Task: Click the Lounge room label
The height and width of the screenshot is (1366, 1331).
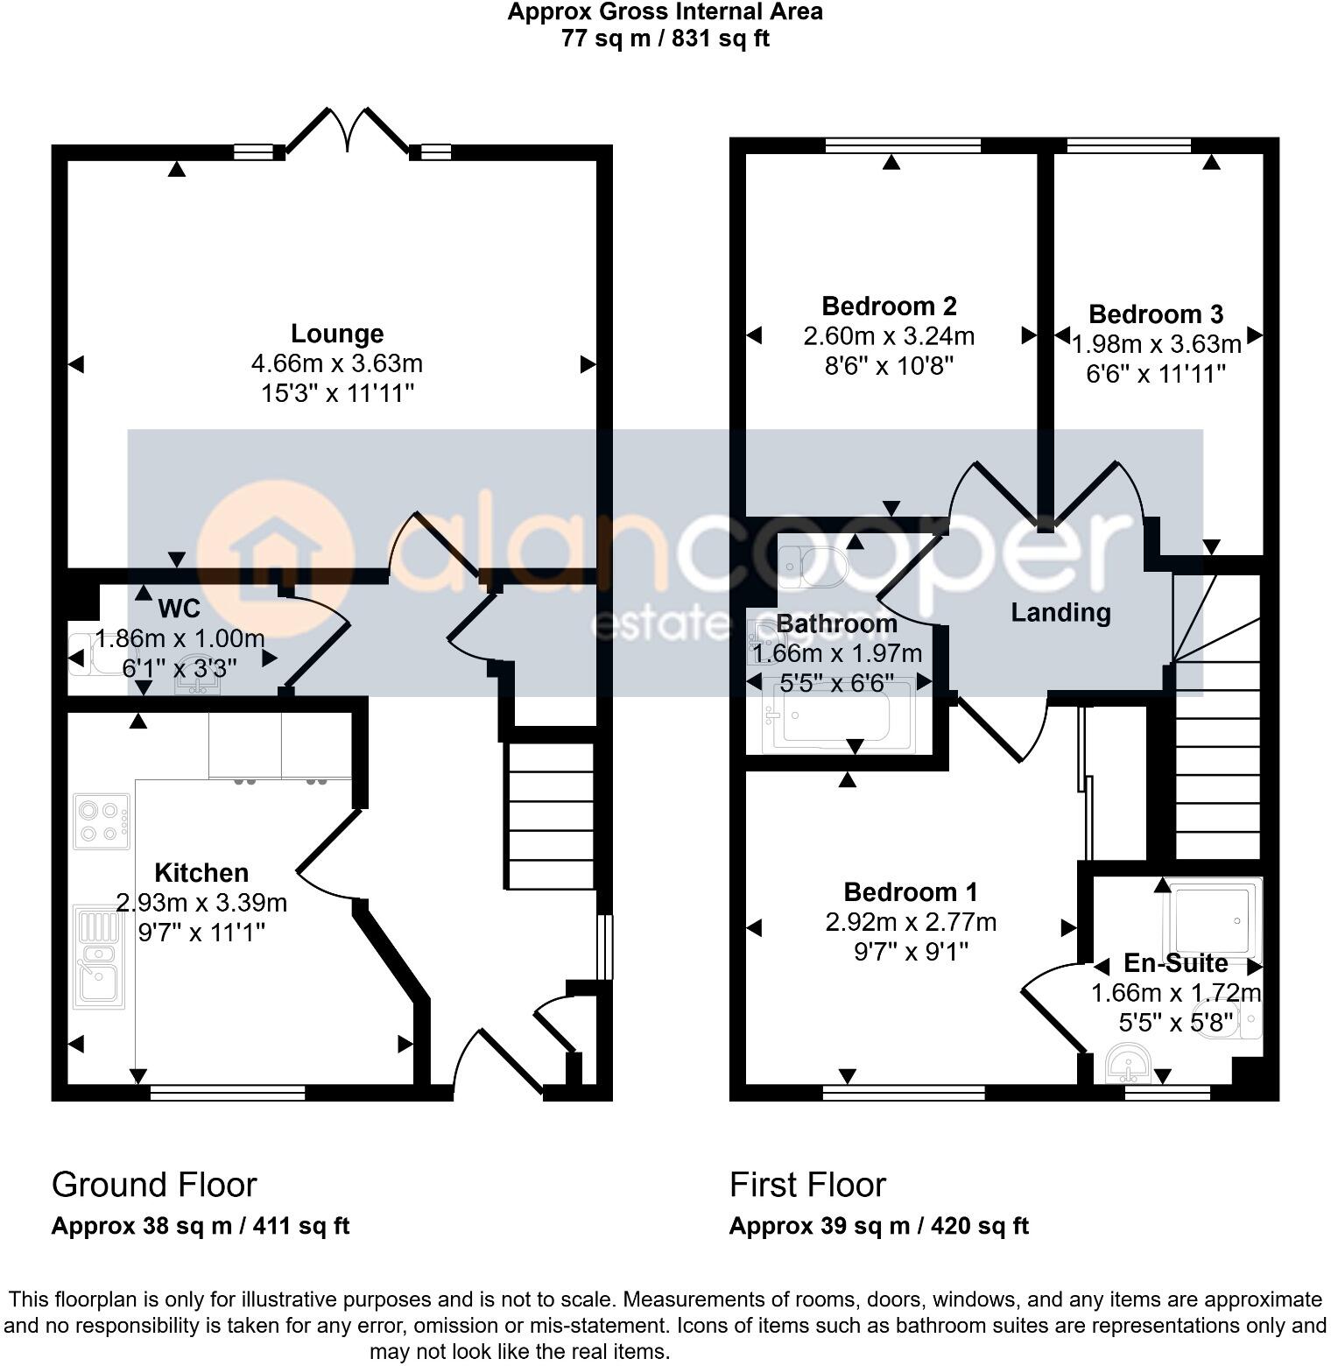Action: [x=337, y=334]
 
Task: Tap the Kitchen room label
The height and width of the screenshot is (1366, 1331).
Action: [x=201, y=872]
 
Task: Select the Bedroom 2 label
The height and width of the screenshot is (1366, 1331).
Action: [x=889, y=306]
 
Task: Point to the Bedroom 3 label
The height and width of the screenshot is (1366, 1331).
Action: [x=1156, y=313]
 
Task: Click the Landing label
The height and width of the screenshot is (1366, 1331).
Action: [x=1060, y=612]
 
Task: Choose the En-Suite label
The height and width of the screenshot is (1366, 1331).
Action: [x=1175, y=963]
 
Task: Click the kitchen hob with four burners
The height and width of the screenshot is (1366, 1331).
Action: [x=102, y=821]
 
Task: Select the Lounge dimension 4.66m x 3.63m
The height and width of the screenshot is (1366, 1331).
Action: [x=337, y=363]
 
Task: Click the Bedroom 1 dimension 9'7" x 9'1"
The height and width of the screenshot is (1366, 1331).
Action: [x=911, y=952]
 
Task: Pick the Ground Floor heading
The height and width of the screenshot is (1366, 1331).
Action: [x=154, y=1185]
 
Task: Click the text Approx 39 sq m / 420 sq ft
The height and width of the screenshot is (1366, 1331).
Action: [x=878, y=1226]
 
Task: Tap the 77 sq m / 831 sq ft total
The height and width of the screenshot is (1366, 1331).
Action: [x=665, y=39]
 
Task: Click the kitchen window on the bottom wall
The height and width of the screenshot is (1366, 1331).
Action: [x=228, y=1092]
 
